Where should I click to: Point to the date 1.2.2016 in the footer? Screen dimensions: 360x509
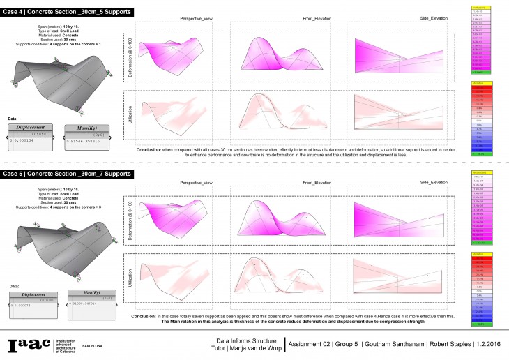pos(487,343)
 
